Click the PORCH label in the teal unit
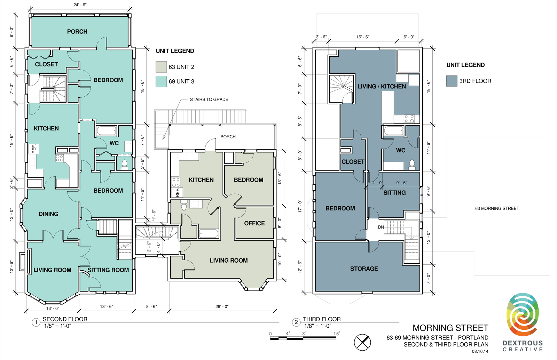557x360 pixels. [x=77, y=32]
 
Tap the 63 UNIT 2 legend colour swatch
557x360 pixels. [x=161, y=67]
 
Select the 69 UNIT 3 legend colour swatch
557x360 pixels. [x=161, y=81]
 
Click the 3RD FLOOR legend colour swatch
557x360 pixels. [x=452, y=81]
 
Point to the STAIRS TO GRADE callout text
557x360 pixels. [x=209, y=99]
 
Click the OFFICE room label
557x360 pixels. [x=254, y=223]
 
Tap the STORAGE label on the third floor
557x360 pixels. [x=364, y=269]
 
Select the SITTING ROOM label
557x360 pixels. [x=108, y=270]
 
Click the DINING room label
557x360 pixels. [x=48, y=214]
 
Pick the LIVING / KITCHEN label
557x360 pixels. [x=382, y=87]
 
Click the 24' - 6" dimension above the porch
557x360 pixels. [x=80, y=5]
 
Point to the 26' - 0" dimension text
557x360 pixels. [x=222, y=306]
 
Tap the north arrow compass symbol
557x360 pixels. [x=362, y=342]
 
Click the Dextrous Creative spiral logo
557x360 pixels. [x=523, y=314]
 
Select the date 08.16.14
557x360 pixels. [x=480, y=352]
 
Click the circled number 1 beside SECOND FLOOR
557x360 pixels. [x=36, y=322]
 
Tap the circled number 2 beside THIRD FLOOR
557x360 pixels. [x=296, y=322]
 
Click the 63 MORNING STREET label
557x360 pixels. [x=497, y=208]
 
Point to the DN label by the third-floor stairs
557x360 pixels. [x=381, y=227]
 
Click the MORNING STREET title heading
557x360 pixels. [x=450, y=328]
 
